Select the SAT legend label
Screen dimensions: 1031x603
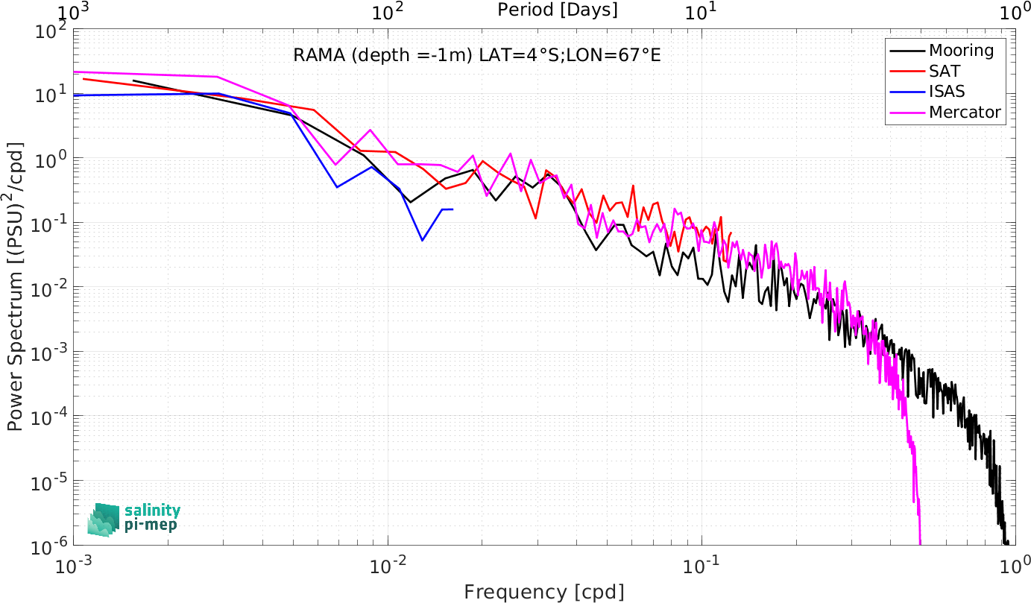[x=945, y=71]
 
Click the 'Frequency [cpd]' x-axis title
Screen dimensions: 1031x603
[x=544, y=592]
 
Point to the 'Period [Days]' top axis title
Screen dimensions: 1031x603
[x=558, y=10]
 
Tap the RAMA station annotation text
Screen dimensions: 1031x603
[x=477, y=55]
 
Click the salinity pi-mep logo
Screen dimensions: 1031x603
[x=134, y=520]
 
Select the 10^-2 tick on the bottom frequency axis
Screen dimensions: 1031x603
[x=388, y=566]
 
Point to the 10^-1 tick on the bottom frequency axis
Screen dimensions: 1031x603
[x=701, y=566]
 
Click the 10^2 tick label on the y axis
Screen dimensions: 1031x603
[x=51, y=32]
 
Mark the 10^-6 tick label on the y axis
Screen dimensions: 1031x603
[x=48, y=547]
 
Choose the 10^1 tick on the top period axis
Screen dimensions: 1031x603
[x=701, y=13]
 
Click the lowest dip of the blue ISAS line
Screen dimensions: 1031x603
[x=422, y=240]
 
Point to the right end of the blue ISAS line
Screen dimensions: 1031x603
[x=453, y=209]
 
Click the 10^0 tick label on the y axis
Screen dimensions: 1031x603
[x=51, y=160]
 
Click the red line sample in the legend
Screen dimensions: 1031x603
[x=907, y=72]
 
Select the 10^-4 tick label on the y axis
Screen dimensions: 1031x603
[x=48, y=418]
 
